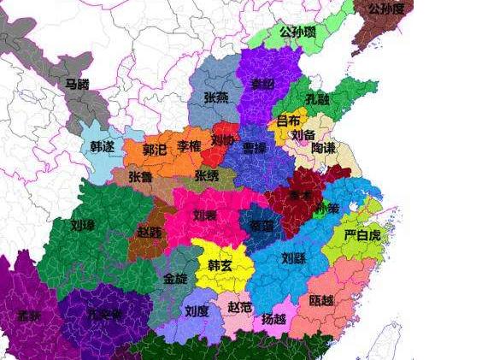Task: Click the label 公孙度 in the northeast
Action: (x=387, y=9)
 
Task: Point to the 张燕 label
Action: (x=216, y=98)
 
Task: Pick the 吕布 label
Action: (x=289, y=121)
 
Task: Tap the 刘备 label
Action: (x=303, y=135)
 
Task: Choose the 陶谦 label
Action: (x=323, y=149)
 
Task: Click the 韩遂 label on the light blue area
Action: (x=103, y=147)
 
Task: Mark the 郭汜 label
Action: (x=155, y=149)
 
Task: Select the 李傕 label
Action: (x=189, y=147)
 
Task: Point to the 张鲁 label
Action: (x=141, y=177)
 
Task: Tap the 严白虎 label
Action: (x=360, y=235)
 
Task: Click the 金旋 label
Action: (x=174, y=279)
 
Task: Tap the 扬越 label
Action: (x=274, y=319)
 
